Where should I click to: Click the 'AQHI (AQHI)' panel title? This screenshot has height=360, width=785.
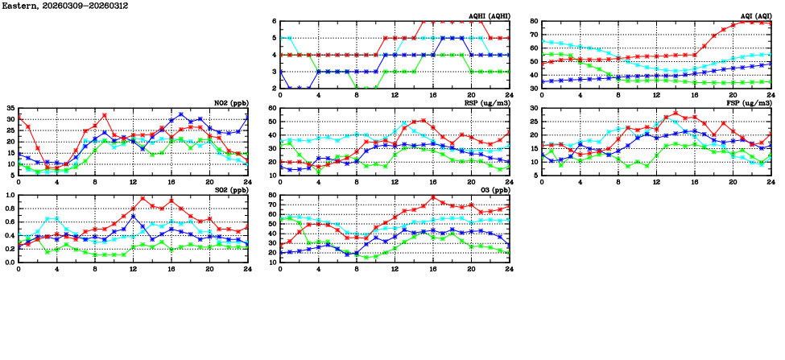click(489, 15)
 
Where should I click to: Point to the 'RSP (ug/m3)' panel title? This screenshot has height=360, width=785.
click(489, 102)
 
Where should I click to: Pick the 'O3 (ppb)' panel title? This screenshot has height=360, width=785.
click(494, 189)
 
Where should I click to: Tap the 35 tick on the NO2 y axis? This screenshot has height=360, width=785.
click(10, 108)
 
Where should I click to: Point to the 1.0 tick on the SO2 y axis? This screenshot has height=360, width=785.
click(9, 195)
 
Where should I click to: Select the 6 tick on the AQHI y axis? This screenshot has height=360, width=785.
click(274, 21)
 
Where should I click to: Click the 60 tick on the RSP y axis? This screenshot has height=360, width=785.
click(272, 108)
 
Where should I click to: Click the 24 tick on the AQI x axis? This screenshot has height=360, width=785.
click(771, 94)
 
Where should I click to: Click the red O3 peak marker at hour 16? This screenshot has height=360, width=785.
click(433, 197)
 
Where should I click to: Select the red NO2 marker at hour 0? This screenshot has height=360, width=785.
click(19, 118)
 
